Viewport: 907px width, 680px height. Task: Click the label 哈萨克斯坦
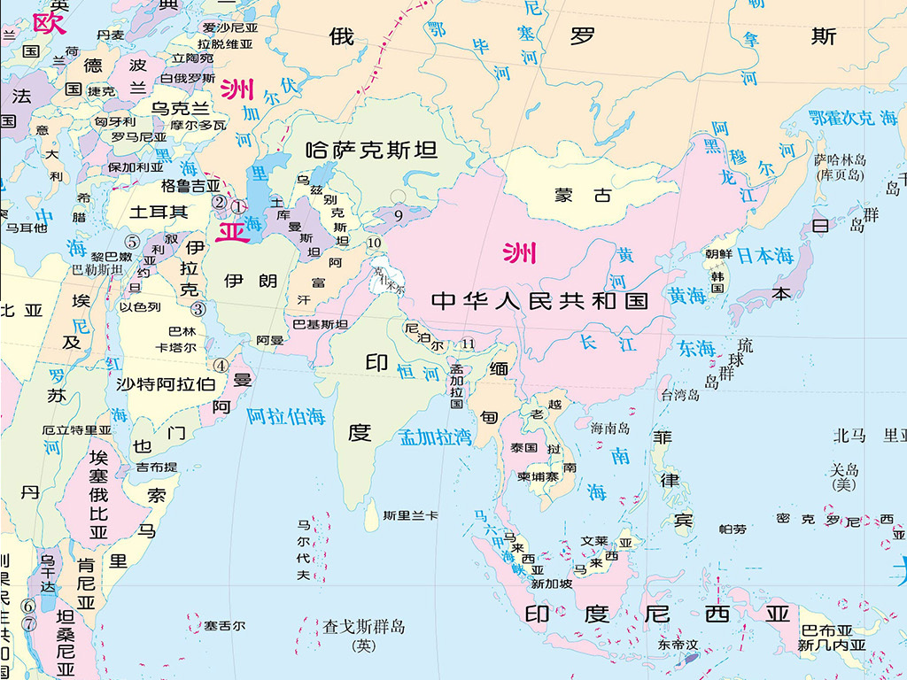point(371,150)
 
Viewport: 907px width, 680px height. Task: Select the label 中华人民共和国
point(539,301)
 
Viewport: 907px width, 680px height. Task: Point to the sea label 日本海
point(767,256)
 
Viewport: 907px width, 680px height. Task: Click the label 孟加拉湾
point(435,437)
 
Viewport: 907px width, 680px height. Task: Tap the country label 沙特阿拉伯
point(166,384)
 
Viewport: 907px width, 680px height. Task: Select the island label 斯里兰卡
point(410,515)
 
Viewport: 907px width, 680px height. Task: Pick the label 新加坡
point(552,583)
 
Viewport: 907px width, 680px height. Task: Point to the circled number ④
point(219,364)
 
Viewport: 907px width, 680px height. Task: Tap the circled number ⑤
point(132,241)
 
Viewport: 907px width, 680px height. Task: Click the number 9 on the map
point(399,214)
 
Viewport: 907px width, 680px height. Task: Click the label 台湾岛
point(679,395)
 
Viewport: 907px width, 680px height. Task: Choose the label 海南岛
point(610,428)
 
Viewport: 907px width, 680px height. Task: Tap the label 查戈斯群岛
point(363,627)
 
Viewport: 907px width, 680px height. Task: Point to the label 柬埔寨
point(538,476)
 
